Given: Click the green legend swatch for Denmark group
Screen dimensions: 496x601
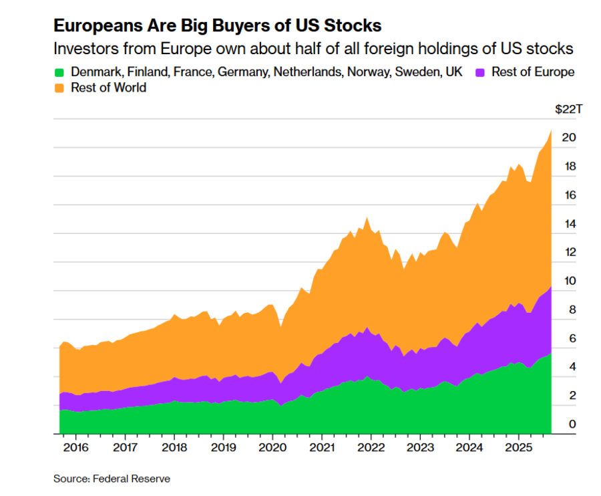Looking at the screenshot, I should click(59, 72).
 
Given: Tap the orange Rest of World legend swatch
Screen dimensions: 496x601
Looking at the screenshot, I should click(59, 88).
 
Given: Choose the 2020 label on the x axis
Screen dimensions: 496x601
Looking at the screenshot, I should click(272, 447).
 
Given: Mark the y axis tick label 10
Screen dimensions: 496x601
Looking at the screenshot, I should click(568, 281).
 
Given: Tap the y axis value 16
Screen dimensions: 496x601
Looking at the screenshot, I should click(568, 196).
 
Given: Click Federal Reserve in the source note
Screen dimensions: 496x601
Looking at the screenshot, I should click(132, 479).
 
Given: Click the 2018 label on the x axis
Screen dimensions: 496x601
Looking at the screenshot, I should click(173, 447).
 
